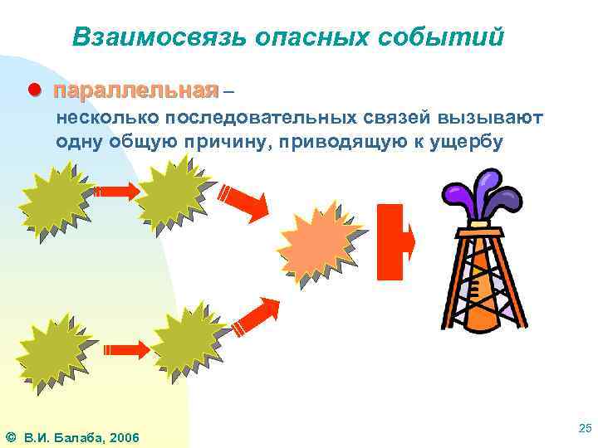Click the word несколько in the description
[105, 118]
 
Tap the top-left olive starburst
[55, 200]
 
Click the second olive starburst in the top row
[174, 194]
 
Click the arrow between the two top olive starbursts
[115, 192]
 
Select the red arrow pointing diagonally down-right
[245, 202]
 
